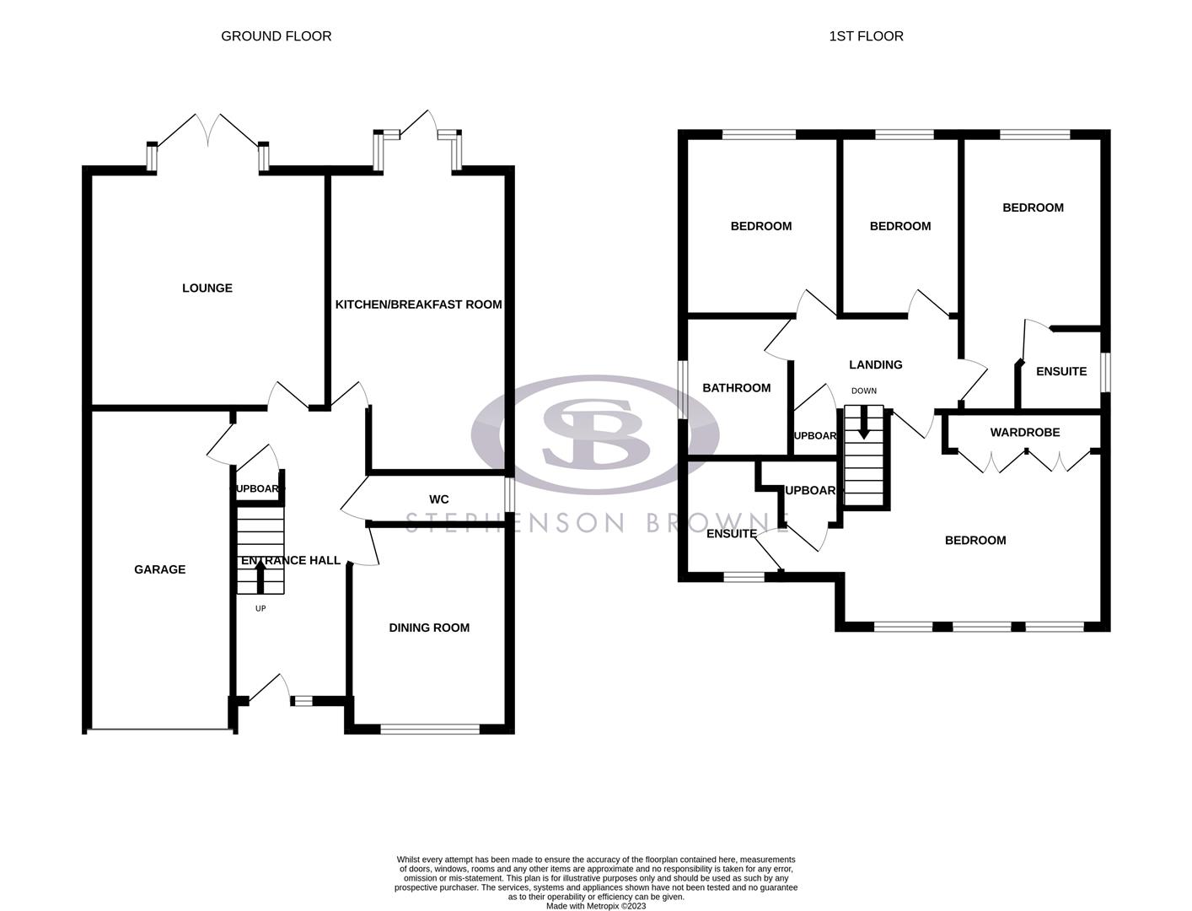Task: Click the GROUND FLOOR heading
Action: [x=276, y=36]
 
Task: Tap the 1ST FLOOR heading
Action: [x=866, y=36]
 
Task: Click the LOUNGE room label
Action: [x=207, y=288]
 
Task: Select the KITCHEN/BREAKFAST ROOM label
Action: [x=418, y=305]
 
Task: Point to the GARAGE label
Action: [x=159, y=569]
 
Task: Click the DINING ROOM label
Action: [x=429, y=628]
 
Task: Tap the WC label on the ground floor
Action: [x=438, y=499]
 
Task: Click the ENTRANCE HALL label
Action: [x=291, y=560]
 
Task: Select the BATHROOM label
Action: [x=736, y=388]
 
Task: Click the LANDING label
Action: [x=875, y=365]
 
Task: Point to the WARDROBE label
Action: [x=1024, y=433]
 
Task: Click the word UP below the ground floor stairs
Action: [x=260, y=608]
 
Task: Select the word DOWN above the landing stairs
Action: [x=863, y=391]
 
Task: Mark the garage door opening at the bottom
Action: [x=159, y=730]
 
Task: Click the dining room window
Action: [x=430, y=729]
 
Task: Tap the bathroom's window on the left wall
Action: [x=683, y=390]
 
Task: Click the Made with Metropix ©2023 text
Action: [x=595, y=906]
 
